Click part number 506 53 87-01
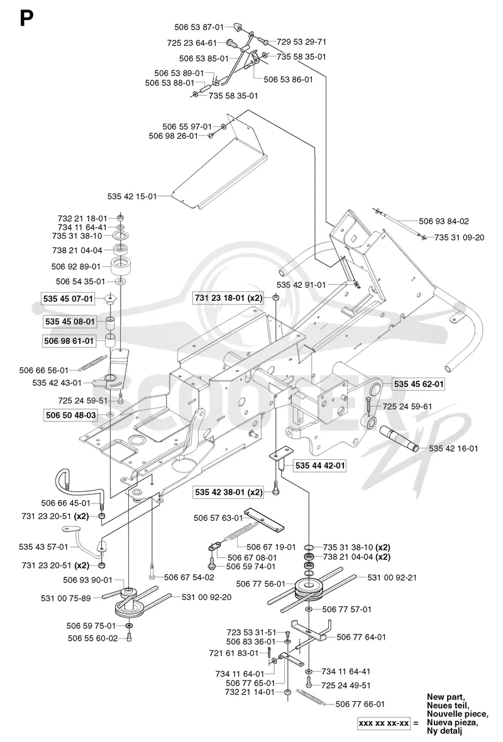tap(199, 28)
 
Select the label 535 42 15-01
tap(131, 196)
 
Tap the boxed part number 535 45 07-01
tap(68, 298)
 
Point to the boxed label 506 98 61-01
tap(69, 341)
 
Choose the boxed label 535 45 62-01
tap(419, 384)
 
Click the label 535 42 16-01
tap(453, 448)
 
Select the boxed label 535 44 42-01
tap(320, 466)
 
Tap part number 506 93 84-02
tap(444, 221)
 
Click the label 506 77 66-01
tap(360, 704)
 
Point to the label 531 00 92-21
tap(392, 577)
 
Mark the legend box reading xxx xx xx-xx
tap(384, 723)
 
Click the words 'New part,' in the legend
tap(446, 697)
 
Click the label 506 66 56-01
tap(43, 370)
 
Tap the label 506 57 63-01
tap(218, 518)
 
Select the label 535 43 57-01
tap(43, 547)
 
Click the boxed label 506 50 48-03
tap(70, 415)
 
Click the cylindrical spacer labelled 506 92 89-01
tap(120, 267)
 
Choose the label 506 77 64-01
tap(362, 637)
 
